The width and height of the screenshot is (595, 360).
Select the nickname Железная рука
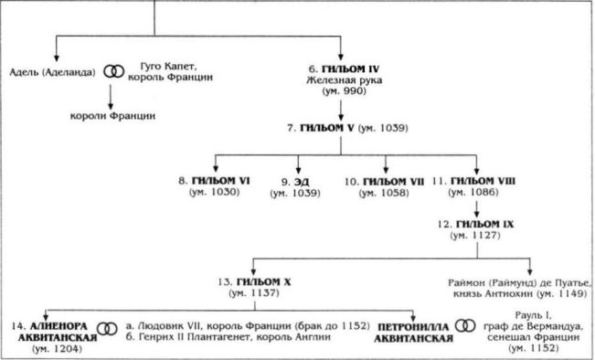click(x=342, y=81)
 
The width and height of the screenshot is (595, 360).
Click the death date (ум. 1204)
click(x=56, y=350)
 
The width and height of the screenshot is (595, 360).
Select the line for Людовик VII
click(x=247, y=325)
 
